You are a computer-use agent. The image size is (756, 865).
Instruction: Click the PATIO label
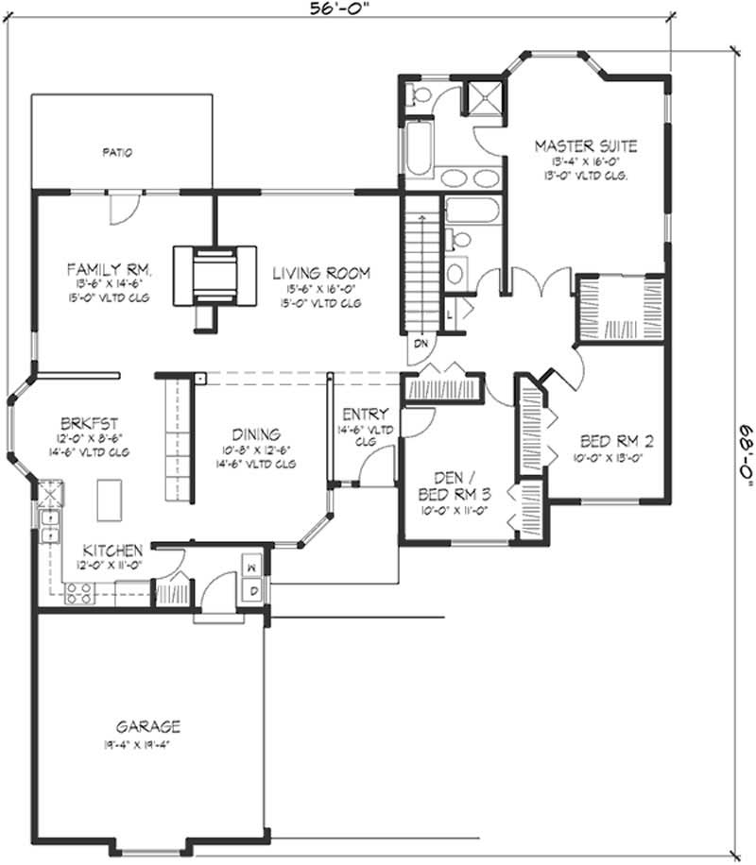coord(117,151)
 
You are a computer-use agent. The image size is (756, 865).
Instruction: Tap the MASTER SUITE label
coord(585,146)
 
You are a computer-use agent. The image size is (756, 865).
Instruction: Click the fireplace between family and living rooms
coord(214,273)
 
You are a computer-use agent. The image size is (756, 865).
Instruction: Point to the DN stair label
coord(421,346)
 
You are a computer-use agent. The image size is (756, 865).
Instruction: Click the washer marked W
coord(252,568)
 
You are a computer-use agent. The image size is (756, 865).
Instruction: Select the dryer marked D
coord(252,590)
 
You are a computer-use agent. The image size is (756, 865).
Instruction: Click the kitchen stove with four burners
coord(77,594)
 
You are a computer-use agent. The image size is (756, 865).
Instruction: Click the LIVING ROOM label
coord(321,273)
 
